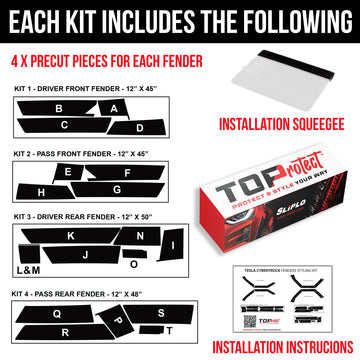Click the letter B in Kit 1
click(59, 108)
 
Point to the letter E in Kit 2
click(67, 172)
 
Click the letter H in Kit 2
click(41, 191)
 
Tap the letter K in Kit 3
click(69, 236)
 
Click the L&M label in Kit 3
click(28, 271)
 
